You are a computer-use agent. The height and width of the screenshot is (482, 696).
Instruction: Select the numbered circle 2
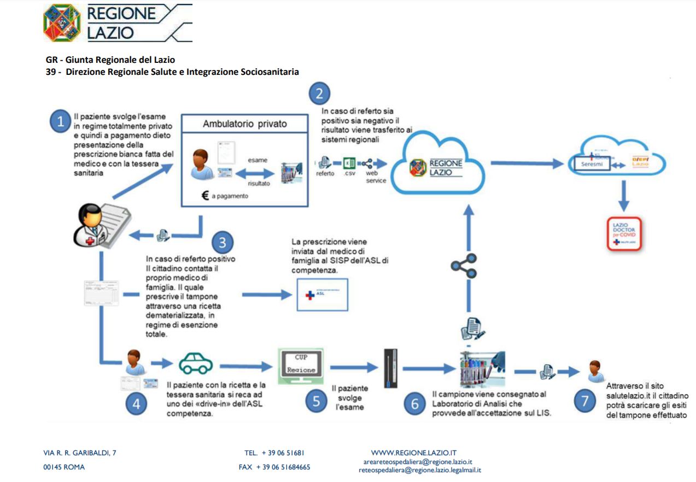(x=319, y=93)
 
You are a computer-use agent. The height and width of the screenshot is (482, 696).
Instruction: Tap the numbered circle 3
(x=223, y=242)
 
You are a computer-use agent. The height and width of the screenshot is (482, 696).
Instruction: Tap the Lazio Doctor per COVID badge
(x=624, y=234)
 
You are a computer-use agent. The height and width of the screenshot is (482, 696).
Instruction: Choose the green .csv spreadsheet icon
(x=349, y=163)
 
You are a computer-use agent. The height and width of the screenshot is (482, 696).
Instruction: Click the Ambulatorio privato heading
(x=244, y=124)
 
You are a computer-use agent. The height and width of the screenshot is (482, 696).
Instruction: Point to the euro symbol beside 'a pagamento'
(x=205, y=195)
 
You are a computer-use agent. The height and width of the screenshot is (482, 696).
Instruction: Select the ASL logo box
(x=322, y=295)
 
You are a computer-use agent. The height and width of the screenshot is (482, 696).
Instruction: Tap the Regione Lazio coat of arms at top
(x=62, y=23)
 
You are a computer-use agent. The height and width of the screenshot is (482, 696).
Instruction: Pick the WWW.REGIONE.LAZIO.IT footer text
(x=413, y=452)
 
